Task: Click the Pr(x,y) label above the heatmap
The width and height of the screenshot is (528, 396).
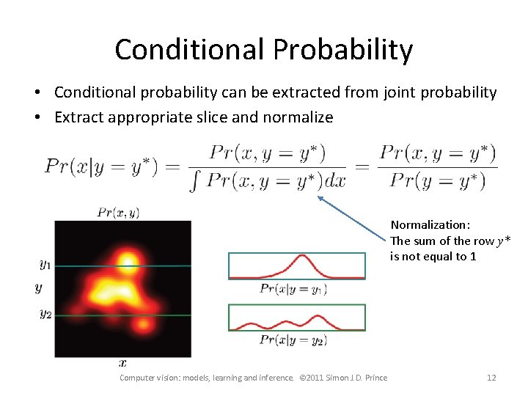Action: [x=118, y=213]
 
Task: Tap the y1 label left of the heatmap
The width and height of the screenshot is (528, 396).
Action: [x=45, y=264]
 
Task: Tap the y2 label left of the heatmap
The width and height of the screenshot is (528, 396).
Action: [x=45, y=314]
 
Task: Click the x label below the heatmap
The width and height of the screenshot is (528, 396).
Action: [x=122, y=362]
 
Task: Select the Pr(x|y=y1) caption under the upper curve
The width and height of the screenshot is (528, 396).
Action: [x=293, y=289]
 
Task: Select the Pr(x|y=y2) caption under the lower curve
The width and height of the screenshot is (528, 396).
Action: [x=293, y=340]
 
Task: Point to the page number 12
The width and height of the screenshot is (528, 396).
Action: [x=491, y=378]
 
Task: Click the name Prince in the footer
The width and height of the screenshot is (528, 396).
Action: [x=374, y=378]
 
